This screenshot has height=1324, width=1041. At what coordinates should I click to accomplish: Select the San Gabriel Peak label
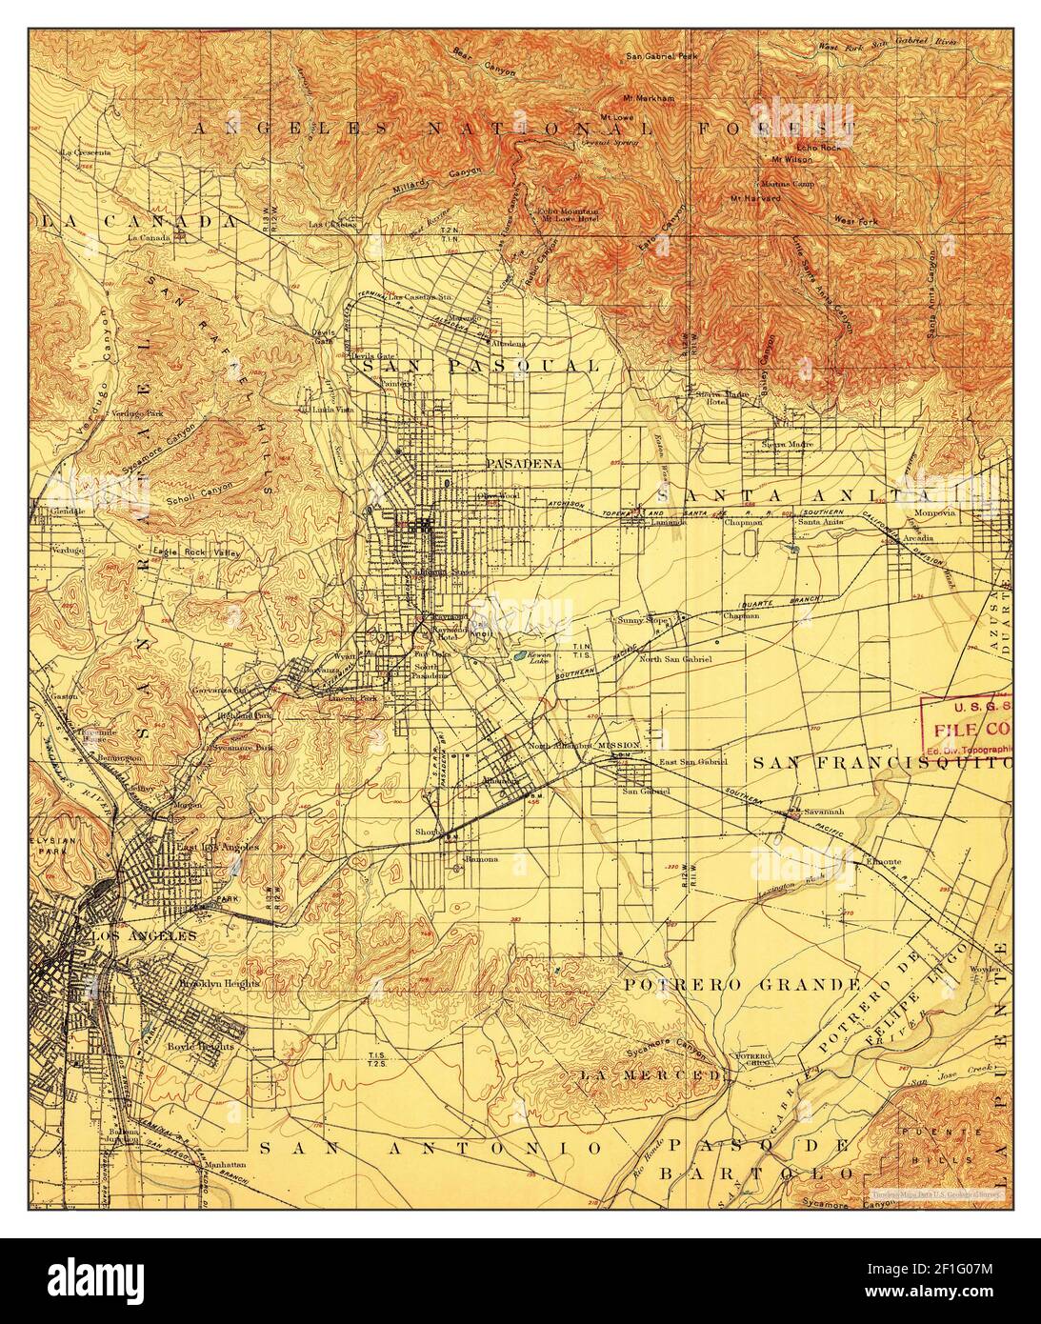point(662,57)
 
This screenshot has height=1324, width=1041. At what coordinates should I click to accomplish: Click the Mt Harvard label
point(755,198)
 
